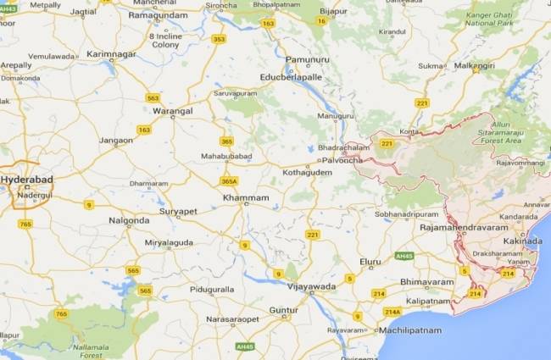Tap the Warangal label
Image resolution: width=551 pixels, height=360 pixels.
(x=173, y=110)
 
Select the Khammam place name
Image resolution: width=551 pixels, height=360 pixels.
(x=246, y=197)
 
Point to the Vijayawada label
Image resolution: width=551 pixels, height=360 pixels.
(x=311, y=286)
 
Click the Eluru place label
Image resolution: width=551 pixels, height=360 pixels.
(x=370, y=263)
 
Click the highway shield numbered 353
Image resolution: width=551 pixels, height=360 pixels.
(x=220, y=39)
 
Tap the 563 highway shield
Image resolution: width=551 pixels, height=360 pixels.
(x=153, y=97)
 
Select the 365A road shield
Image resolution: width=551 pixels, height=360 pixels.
(x=229, y=181)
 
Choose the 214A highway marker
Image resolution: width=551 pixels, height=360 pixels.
(x=392, y=311)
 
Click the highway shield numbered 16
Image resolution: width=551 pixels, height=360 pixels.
(x=322, y=21)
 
